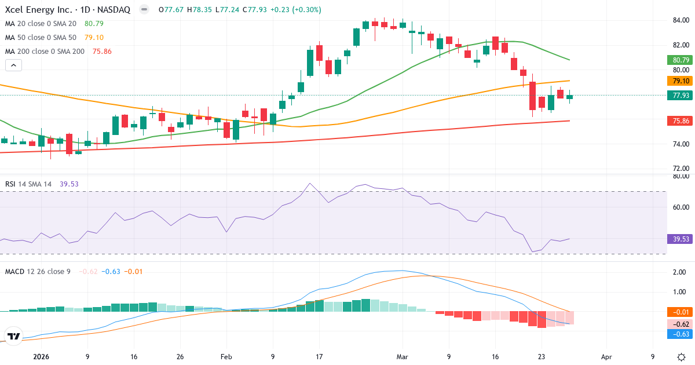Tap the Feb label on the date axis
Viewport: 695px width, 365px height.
click(226, 357)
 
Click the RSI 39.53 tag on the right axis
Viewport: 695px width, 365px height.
click(680, 239)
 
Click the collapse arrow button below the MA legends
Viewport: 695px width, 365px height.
click(13, 65)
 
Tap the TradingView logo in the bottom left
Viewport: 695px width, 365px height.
click(13, 336)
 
